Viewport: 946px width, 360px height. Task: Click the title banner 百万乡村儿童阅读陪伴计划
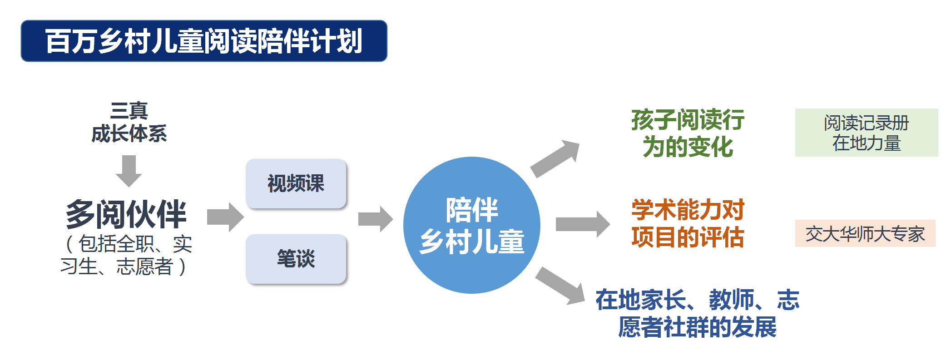tap(204, 41)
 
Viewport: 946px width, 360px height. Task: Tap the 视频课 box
tap(296, 184)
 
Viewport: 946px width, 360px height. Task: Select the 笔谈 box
tap(296, 259)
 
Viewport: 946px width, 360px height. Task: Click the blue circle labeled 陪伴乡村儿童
tap(472, 225)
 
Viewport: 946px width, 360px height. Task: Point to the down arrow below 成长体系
tap(129, 171)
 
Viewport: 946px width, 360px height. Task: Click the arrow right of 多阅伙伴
tap(225, 217)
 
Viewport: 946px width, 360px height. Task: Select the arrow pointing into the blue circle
tap(376, 219)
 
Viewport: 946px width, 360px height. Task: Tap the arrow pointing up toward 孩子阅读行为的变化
tap(555, 159)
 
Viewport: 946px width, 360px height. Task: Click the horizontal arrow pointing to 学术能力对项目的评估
tap(583, 224)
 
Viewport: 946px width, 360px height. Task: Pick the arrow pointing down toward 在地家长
tap(560, 286)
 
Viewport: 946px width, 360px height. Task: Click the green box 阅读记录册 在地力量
tap(867, 133)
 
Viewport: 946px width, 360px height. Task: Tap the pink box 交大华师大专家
tap(865, 233)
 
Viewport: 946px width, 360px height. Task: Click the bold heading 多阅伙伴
tap(126, 214)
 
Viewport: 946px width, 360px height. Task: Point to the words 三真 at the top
tap(129, 111)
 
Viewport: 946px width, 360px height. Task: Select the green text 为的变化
tap(688, 147)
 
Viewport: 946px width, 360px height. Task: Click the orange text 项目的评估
tap(688, 237)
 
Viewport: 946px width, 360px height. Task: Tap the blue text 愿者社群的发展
tap(697, 327)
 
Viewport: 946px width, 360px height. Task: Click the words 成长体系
tap(129, 134)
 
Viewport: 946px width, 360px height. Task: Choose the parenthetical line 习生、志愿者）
tap(124, 266)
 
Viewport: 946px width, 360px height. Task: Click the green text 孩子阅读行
tap(688, 120)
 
